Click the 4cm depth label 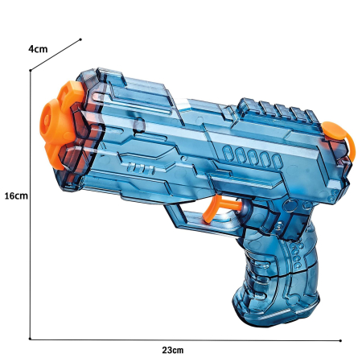[x=38, y=49]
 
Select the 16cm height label [x=15, y=195]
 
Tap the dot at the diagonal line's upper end [x=81, y=39]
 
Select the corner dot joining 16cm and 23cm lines [x=31, y=338]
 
